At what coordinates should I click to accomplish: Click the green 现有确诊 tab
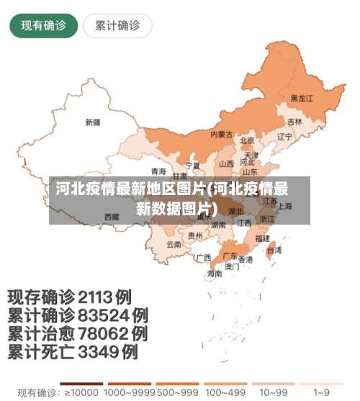coord(43,26)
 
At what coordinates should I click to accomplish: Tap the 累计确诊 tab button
coord(117,26)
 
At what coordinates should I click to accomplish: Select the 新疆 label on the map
coord(92,122)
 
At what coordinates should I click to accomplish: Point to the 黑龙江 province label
coord(302,98)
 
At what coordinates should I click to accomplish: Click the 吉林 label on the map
coord(294,122)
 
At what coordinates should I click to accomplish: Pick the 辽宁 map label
coord(284,136)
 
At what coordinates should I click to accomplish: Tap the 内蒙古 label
coord(221,135)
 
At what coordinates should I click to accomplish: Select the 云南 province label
coord(174,244)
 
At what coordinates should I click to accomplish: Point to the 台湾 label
coord(274,251)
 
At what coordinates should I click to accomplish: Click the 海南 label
coord(215,274)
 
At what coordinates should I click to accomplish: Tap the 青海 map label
coord(158,171)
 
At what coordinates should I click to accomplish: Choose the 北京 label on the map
coord(247,140)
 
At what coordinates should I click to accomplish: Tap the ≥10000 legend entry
coord(82,393)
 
